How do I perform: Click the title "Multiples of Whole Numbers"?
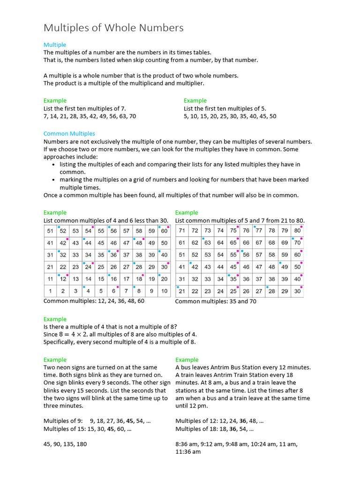(113, 28)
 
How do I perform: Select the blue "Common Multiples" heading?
(69, 134)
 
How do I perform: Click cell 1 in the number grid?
(50, 291)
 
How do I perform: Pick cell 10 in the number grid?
(164, 291)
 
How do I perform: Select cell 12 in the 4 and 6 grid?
(63, 279)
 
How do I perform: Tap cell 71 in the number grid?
(182, 231)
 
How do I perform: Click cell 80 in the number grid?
(297, 231)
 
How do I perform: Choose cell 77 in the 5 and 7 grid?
(259, 231)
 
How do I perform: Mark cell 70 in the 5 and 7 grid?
(297, 243)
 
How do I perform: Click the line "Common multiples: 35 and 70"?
(216, 301)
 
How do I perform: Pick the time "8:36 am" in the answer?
(186, 444)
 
